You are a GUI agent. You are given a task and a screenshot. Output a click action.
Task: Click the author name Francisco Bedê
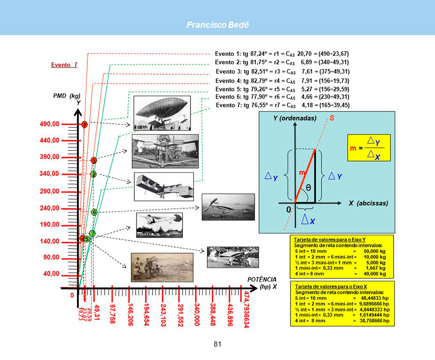pyautogui.click(x=217, y=24)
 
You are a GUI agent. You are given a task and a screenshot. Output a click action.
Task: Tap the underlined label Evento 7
pyautogui.click(x=64, y=65)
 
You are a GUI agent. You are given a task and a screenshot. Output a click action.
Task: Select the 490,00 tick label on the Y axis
pyautogui.click(x=49, y=124)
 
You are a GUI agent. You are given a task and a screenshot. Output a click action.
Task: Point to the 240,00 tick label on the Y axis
pyautogui.click(x=49, y=208)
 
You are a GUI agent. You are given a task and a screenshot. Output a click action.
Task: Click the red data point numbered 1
pyautogui.click(x=84, y=125)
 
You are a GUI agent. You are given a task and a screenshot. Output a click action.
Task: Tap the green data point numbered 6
pyautogui.click(x=94, y=212)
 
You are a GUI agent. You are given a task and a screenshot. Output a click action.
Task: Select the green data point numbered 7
pyautogui.click(x=92, y=233)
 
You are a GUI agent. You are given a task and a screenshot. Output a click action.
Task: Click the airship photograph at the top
pyautogui.click(x=162, y=113)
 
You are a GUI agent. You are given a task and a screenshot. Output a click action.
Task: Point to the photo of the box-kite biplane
pyautogui.click(x=164, y=186)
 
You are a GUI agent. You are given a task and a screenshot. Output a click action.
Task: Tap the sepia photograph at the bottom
pyautogui.click(x=162, y=267)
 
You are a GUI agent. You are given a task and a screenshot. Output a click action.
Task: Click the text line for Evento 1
pyautogui.click(x=282, y=54)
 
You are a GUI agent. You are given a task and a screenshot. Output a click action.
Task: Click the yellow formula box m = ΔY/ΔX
pyautogui.click(x=369, y=148)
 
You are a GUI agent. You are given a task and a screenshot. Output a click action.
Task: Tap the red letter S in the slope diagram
pyautogui.click(x=331, y=118)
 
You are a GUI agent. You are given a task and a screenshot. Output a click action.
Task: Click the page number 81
pyautogui.click(x=217, y=345)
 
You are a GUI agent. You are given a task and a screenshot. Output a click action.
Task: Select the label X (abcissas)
pyautogui.click(x=369, y=204)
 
